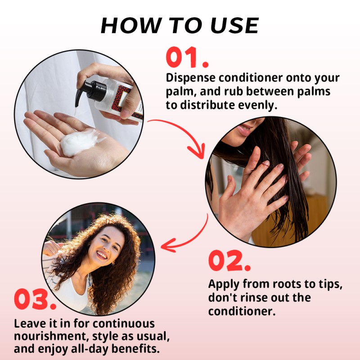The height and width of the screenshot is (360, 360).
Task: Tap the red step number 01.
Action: tap(187, 58)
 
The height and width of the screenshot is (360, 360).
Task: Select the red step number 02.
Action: tap(229, 261)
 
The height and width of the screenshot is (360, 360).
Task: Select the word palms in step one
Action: tap(315, 92)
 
